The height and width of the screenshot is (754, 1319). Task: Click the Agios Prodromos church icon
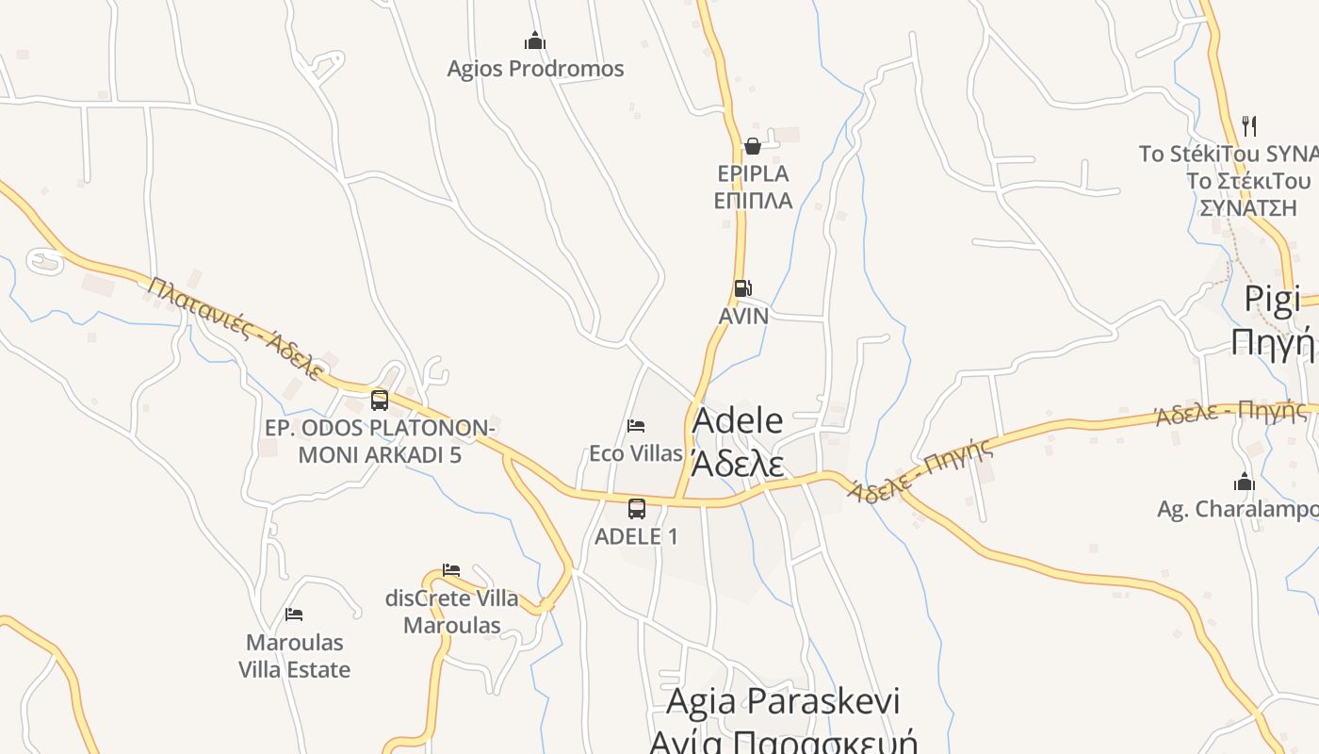pyautogui.click(x=535, y=41)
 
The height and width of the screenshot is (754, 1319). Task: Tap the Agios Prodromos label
pyautogui.click(x=535, y=69)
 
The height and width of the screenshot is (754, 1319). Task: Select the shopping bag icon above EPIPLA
pyautogui.click(x=752, y=145)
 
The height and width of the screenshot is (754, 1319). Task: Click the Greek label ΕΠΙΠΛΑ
pyautogui.click(x=752, y=201)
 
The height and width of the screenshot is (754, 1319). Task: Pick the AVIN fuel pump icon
pyautogui.click(x=742, y=288)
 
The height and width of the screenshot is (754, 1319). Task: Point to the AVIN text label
pyautogui.click(x=743, y=316)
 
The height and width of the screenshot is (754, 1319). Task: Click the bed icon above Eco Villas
pyautogui.click(x=636, y=426)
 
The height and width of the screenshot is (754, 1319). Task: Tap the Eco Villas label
pyautogui.click(x=636, y=453)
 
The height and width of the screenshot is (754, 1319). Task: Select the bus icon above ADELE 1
pyautogui.click(x=637, y=509)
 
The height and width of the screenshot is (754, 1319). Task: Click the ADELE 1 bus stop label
pyautogui.click(x=636, y=536)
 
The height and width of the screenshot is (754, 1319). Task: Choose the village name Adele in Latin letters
pyautogui.click(x=737, y=421)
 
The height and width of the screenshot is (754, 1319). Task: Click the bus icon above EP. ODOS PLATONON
pyautogui.click(x=380, y=401)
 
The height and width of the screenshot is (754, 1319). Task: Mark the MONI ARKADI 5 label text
pyautogui.click(x=380, y=455)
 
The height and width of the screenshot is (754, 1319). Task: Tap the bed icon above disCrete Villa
pyautogui.click(x=451, y=570)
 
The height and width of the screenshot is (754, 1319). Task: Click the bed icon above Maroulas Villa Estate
pyautogui.click(x=294, y=615)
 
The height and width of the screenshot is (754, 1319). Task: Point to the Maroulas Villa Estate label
pyautogui.click(x=294, y=656)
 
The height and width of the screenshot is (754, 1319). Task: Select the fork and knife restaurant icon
pyautogui.click(x=1249, y=125)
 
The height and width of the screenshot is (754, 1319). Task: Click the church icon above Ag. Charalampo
pyautogui.click(x=1245, y=482)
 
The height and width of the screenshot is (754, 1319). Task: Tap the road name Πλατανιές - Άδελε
pyautogui.click(x=235, y=326)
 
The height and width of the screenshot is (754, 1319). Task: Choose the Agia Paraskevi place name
pyautogui.click(x=782, y=701)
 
